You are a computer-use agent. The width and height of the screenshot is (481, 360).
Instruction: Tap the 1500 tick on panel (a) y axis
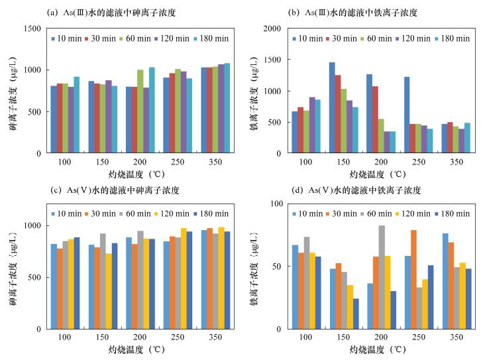click(30, 29)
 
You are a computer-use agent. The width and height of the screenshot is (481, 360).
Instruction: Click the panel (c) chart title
click(113, 190)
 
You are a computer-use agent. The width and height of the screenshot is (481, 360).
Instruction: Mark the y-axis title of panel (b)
click(254, 91)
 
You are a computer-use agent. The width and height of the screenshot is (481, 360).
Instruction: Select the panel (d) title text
click(356, 190)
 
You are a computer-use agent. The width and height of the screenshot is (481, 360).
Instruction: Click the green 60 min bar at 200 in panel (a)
click(140, 111)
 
